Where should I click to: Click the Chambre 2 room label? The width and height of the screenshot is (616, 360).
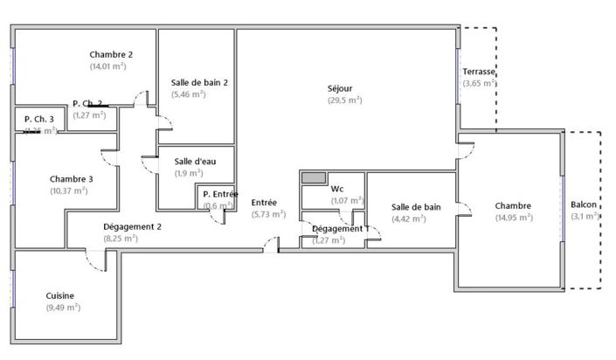click(110, 54)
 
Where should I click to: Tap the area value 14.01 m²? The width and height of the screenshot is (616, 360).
click(107, 66)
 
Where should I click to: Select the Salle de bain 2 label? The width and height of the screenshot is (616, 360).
click(200, 82)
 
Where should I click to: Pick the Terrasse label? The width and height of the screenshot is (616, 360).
click(479, 71)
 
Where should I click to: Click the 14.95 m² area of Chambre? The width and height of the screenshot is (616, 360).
click(513, 218)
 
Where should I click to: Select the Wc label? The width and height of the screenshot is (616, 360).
click(336, 189)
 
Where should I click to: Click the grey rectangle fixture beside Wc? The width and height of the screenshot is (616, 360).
click(313, 177)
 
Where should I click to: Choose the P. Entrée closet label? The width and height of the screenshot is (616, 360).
click(219, 194)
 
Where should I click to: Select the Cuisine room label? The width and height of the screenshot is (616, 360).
click(60, 295)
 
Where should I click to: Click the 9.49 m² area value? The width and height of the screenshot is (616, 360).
click(63, 308)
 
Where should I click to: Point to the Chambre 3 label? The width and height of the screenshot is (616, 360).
click(72, 179)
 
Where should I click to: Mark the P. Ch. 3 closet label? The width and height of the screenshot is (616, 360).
click(39, 119)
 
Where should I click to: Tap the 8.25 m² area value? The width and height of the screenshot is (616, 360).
click(120, 238)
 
